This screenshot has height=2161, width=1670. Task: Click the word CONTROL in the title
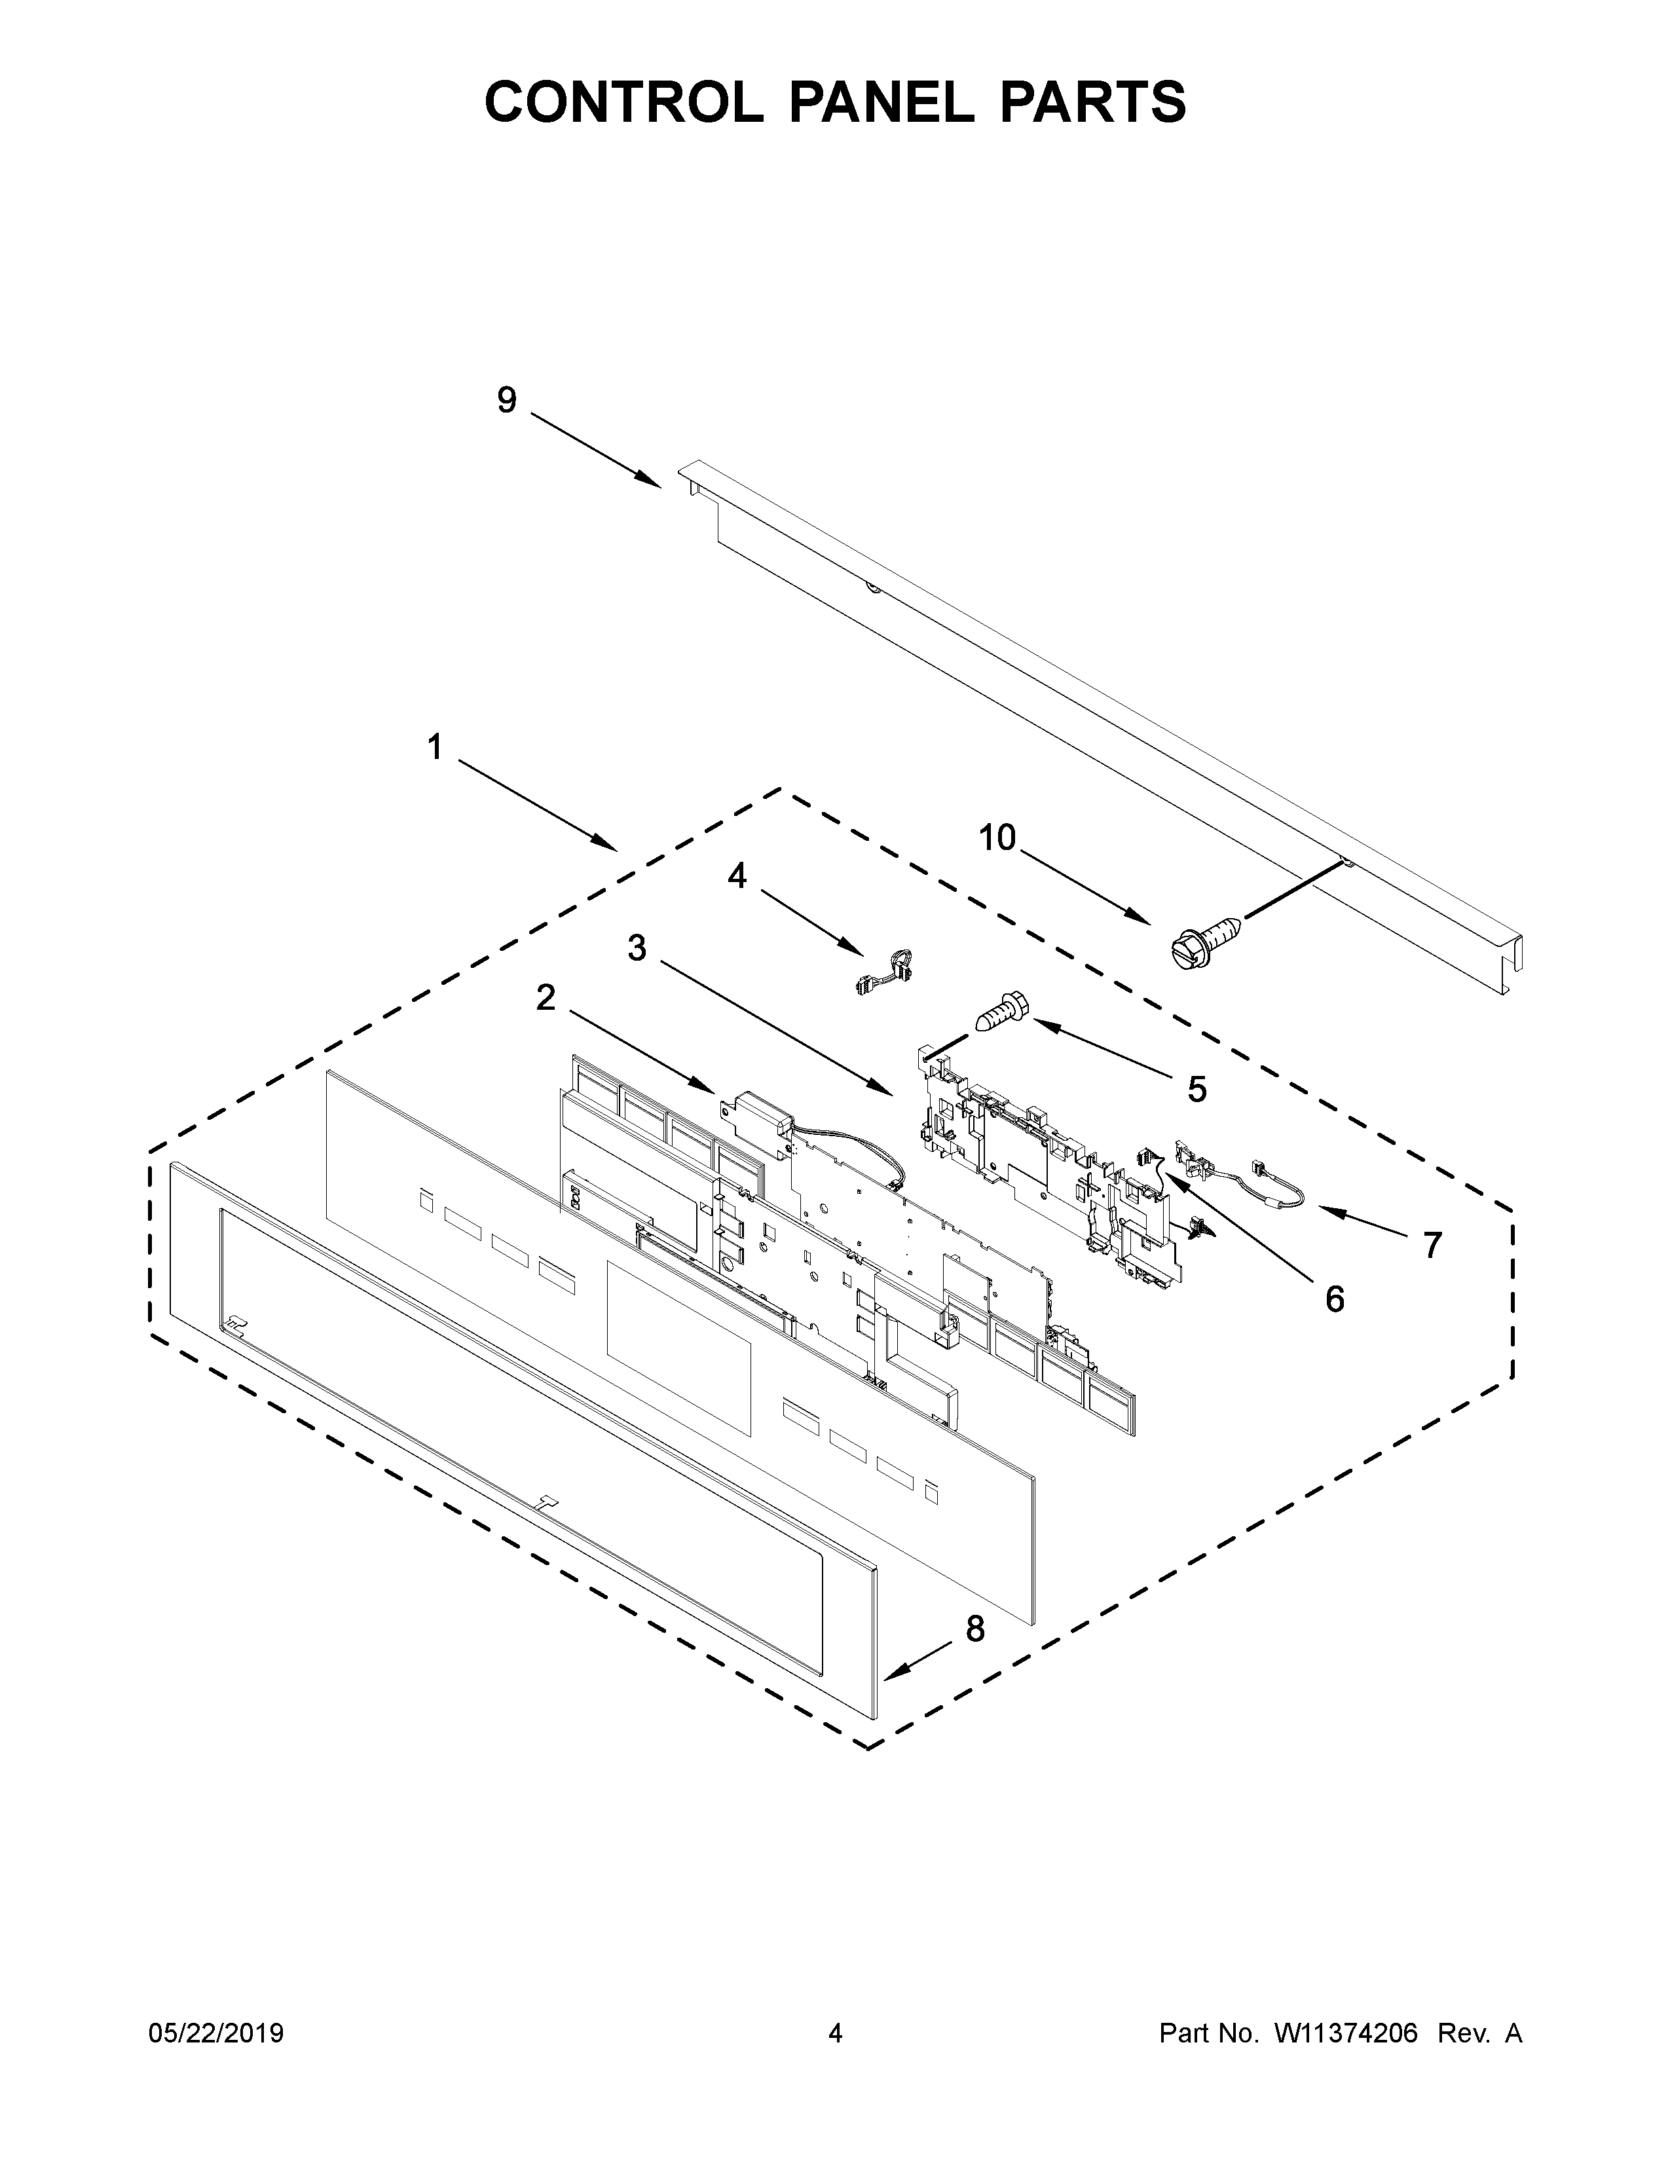(x=623, y=102)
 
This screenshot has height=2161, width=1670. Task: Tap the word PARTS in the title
(x=1091, y=102)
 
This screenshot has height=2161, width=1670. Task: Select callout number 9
(x=506, y=401)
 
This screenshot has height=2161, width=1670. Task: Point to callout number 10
(x=997, y=838)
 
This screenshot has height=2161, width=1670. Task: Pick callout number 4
(x=737, y=876)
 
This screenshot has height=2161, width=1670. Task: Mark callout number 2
(x=545, y=999)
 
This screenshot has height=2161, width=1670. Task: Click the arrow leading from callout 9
(x=597, y=451)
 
